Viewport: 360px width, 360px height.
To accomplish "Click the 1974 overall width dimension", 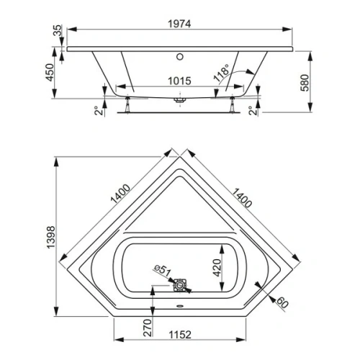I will pos(178,22).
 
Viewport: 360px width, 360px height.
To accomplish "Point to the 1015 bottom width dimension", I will pos(176,81).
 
